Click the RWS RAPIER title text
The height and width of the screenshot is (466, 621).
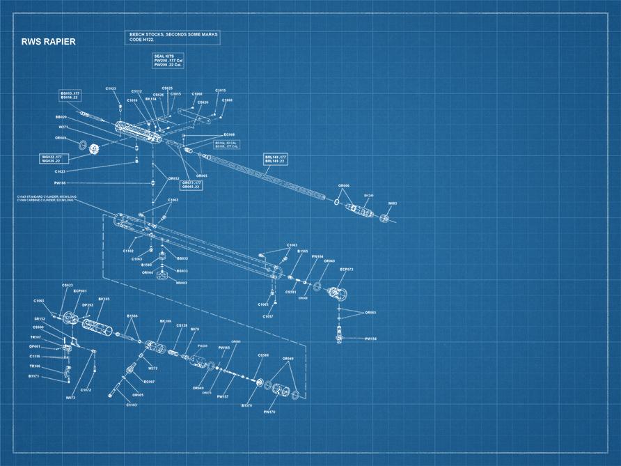point(49,42)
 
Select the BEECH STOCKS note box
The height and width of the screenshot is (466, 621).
point(173,37)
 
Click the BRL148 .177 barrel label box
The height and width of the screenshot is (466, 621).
point(276,160)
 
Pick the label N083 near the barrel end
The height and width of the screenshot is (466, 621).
point(392,203)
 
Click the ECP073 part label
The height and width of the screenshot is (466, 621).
point(347,269)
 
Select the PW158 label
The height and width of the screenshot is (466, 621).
point(370,339)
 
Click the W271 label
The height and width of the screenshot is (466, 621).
point(63,127)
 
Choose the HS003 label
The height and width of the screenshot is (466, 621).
point(182,283)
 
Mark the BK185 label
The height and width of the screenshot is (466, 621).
point(104,299)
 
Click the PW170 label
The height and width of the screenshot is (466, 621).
point(270,412)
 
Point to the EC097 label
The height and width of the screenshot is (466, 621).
point(149,382)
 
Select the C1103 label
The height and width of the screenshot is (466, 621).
point(132,405)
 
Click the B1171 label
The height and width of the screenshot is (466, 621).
point(34,376)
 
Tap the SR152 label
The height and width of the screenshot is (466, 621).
point(40,318)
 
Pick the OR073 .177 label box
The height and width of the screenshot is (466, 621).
point(191,185)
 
